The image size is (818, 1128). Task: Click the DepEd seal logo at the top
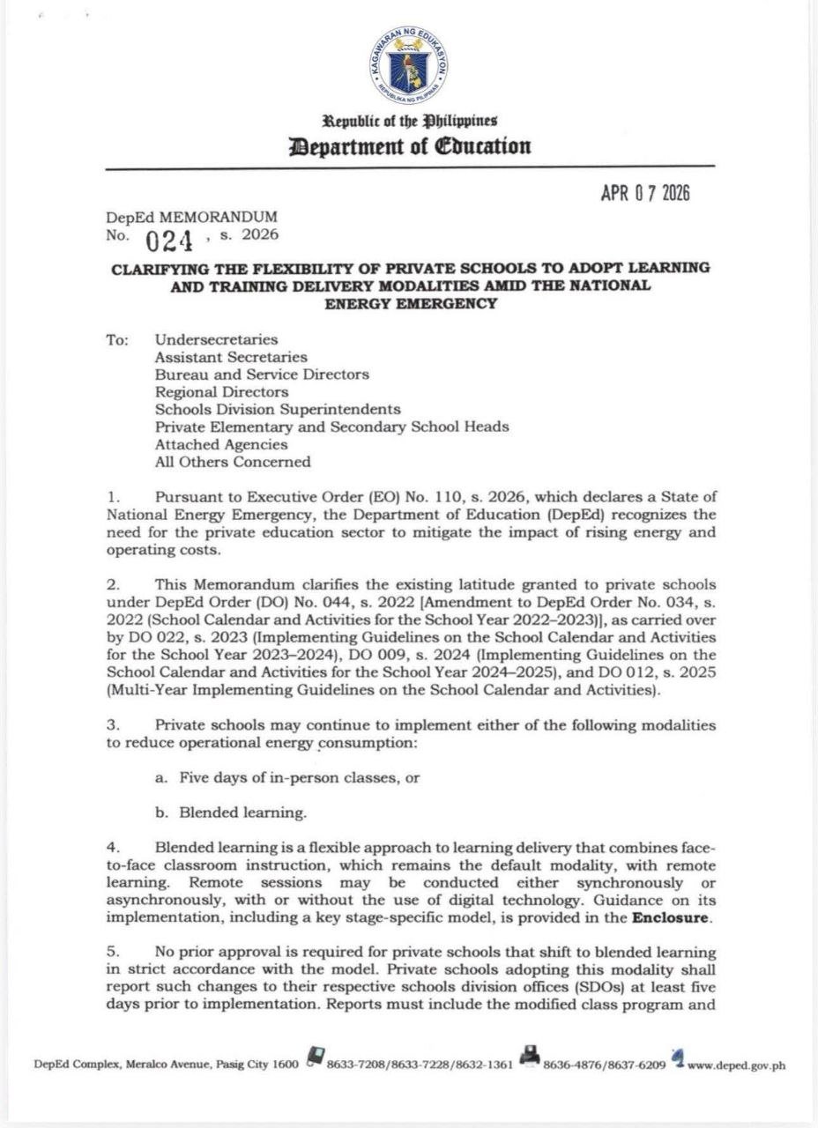coord(408,63)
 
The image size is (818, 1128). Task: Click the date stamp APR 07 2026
coord(645,193)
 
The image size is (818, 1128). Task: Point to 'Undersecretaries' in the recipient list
coord(216,339)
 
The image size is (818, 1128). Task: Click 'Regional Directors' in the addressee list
coord(221,391)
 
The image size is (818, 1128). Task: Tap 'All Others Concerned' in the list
coord(233,462)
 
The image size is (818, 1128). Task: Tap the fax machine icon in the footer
coord(529,1058)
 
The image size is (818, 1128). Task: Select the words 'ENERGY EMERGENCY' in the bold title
coord(410,304)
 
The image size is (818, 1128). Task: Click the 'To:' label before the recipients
coord(118,339)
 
